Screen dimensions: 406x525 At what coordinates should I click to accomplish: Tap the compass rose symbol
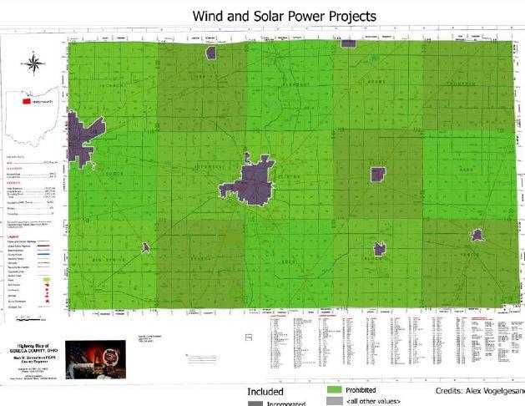pos(33,63)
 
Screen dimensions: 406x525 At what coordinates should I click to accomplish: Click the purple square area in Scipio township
pos(378,174)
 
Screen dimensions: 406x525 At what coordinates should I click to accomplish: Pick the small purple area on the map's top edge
pos(211,52)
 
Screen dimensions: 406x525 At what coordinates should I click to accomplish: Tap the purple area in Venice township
pos(477,236)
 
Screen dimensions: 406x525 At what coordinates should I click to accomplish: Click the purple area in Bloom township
pos(380,248)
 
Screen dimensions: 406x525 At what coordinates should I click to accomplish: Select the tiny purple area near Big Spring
pos(145,247)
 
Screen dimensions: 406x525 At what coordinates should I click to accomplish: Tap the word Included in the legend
pos(265,391)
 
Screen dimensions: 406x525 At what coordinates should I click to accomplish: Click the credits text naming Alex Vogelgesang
pos(479,391)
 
